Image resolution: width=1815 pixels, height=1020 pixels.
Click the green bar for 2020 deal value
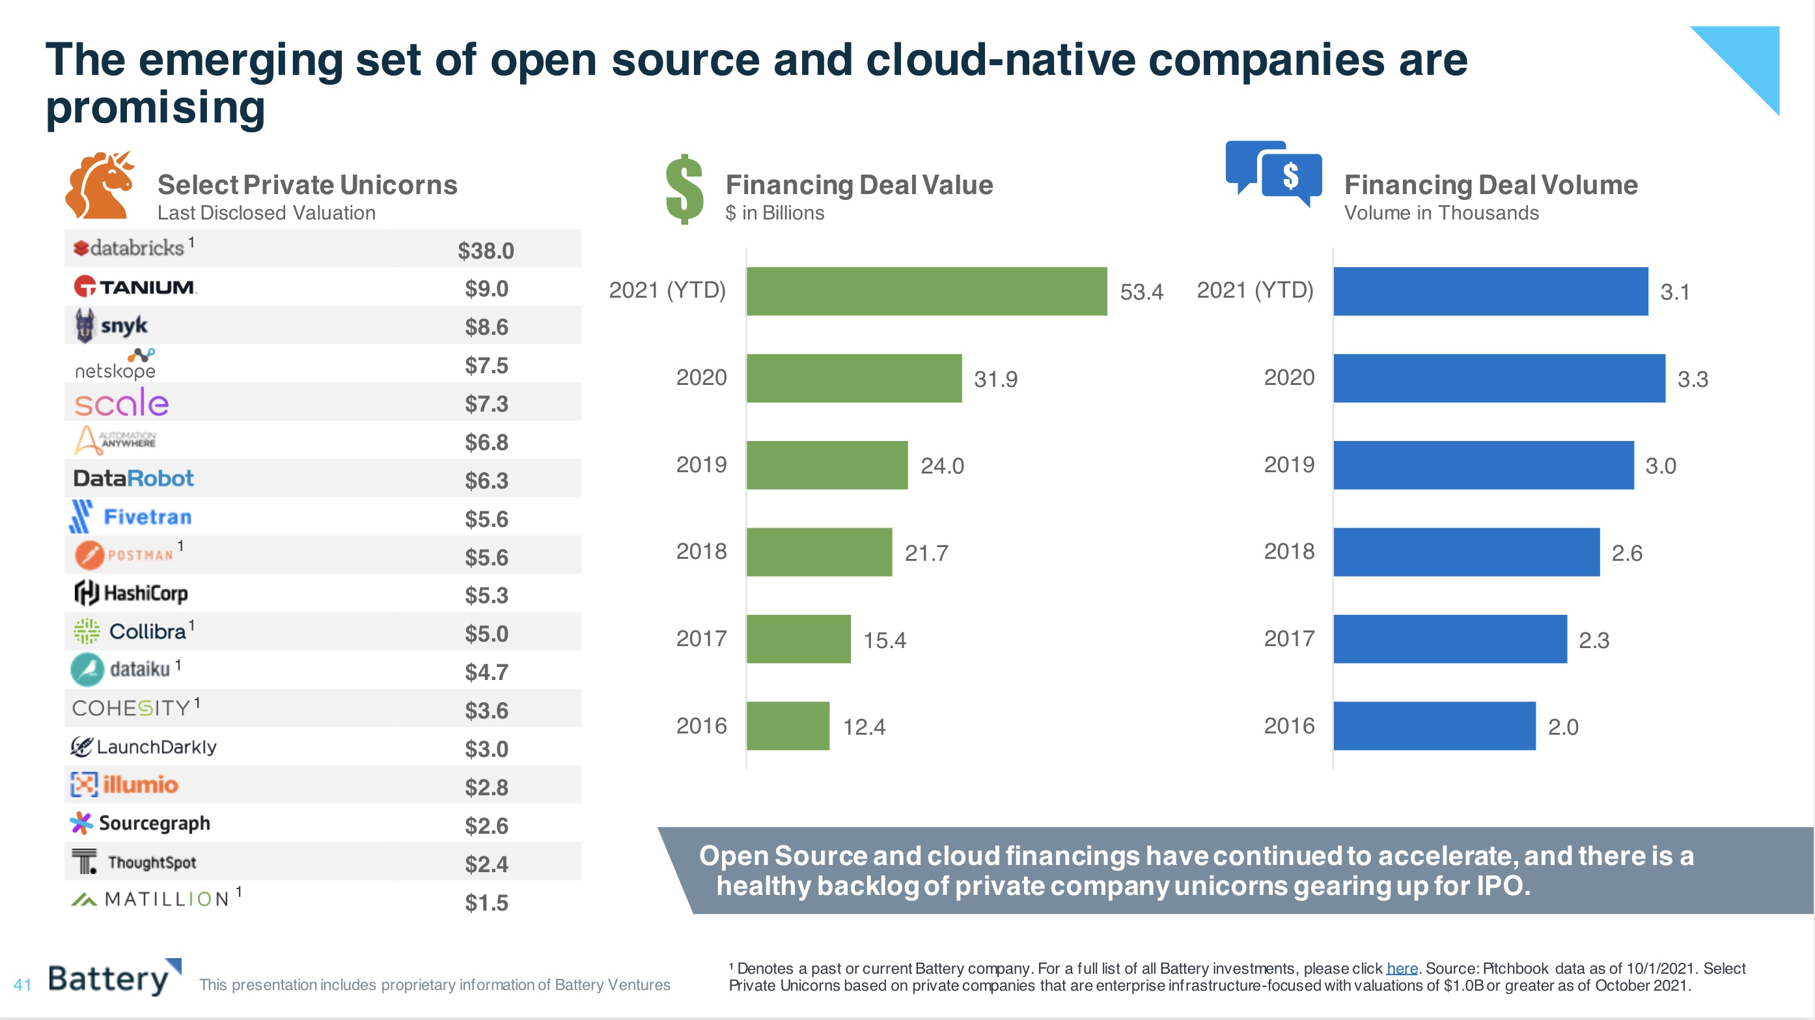pyautogui.click(x=854, y=378)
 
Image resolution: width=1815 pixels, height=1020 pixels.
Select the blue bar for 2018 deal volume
pyautogui.click(x=1466, y=552)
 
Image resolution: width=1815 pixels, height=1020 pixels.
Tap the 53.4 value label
pyautogui.click(x=1141, y=292)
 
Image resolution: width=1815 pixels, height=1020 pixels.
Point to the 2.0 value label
pyautogui.click(x=1563, y=727)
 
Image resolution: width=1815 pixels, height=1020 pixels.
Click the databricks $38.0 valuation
pyautogui.click(x=486, y=251)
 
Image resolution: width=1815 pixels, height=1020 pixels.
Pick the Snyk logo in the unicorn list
pyautogui.click(x=111, y=326)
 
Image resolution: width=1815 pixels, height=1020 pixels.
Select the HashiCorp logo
pyautogui.click(x=132, y=593)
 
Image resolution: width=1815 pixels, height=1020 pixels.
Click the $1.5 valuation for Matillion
pyautogui.click(x=486, y=902)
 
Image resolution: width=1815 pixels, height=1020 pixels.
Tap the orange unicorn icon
pyautogui.click(x=100, y=185)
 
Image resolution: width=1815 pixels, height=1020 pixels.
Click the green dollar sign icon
pyautogui.click(x=684, y=189)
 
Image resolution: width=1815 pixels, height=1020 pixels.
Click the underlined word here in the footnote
pyautogui.click(x=1402, y=969)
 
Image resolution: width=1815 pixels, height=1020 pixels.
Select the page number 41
pyautogui.click(x=23, y=985)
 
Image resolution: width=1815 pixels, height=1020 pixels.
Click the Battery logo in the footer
pyautogui.click(x=113, y=978)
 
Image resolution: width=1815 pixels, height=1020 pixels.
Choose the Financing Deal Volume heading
pyautogui.click(x=1490, y=185)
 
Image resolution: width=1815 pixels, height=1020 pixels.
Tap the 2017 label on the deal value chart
pyautogui.click(x=701, y=639)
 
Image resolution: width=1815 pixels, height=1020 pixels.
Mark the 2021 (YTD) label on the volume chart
pyautogui.click(x=1255, y=290)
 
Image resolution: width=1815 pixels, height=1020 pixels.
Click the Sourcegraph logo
pyautogui.click(x=141, y=823)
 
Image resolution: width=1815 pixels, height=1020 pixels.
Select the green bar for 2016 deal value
pyautogui.click(x=788, y=726)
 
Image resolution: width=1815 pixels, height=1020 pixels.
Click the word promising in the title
pyautogui.click(x=156, y=107)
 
